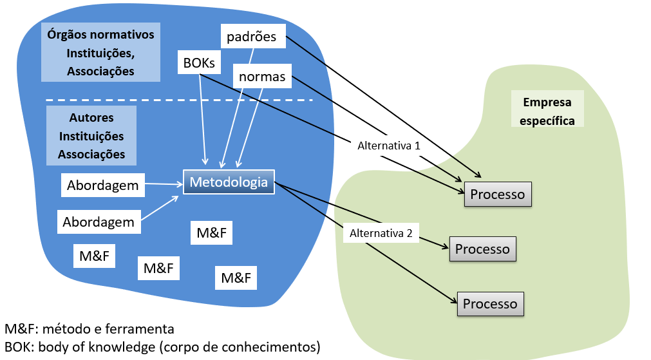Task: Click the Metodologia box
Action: [x=229, y=182]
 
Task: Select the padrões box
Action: [x=251, y=37]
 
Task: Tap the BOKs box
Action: [x=199, y=62]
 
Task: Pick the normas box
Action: [x=262, y=77]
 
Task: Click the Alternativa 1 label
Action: [x=388, y=146]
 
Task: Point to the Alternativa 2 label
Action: [x=381, y=233]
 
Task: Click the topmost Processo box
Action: [x=498, y=194]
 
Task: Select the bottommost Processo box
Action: [x=490, y=303]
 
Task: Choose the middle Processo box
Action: [x=482, y=249]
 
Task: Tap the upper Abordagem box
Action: [x=102, y=185]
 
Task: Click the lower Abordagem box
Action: [x=99, y=222]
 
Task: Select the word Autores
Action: [x=91, y=118]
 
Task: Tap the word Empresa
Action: [x=547, y=102]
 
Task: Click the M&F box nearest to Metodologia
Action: [x=211, y=232]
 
